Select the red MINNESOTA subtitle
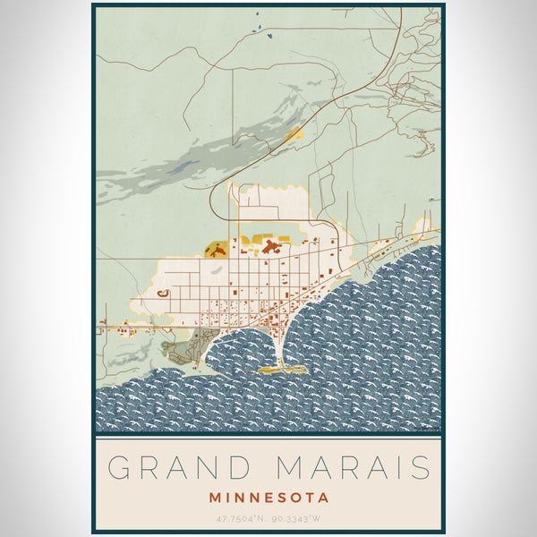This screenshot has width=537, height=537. click(268, 497)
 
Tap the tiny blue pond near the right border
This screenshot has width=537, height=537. click(433, 199)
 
